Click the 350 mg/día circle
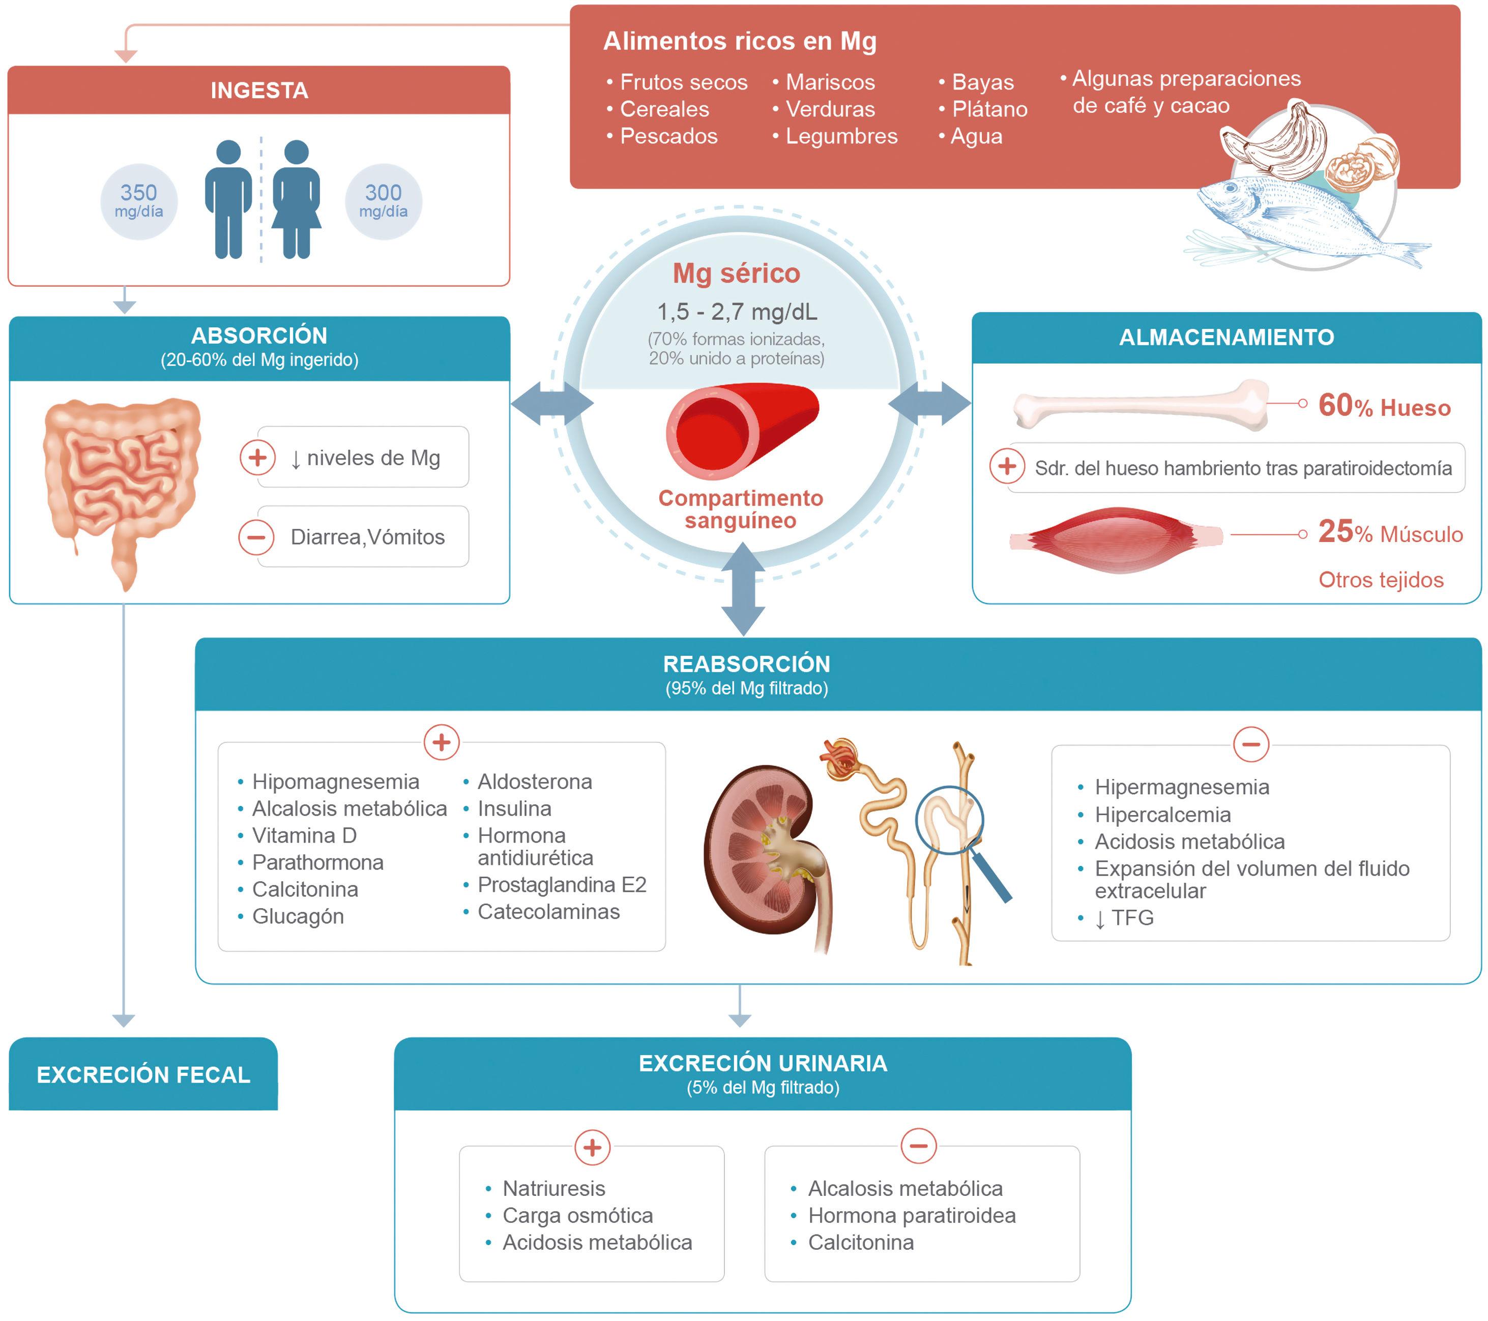138,201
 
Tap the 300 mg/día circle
383,201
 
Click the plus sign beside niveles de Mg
257,457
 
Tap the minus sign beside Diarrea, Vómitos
256,537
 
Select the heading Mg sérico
736,273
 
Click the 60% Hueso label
1384,406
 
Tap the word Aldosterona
534,782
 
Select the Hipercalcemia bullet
1162,815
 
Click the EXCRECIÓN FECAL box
143,1074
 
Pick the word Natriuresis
553,1188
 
